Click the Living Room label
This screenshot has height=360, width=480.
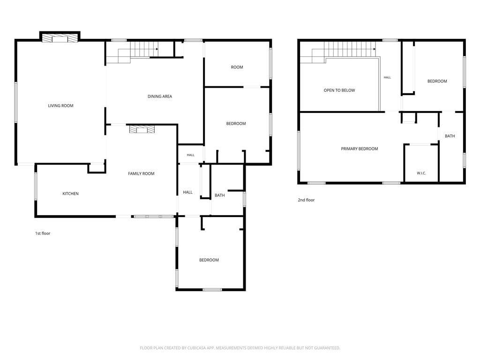[x=60, y=105]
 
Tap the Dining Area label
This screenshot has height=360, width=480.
[x=160, y=97]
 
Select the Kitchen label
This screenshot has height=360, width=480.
[x=70, y=194]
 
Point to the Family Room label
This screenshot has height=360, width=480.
[x=141, y=173]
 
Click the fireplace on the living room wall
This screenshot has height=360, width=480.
[x=60, y=38]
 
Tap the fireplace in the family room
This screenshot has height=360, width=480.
[x=142, y=129]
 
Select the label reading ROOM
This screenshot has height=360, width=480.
[x=237, y=67]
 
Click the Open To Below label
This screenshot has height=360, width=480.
[x=339, y=90]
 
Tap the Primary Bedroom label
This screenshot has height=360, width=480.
[x=360, y=149]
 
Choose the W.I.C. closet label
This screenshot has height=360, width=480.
[x=421, y=173]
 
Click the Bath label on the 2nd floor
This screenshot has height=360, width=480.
[x=450, y=136]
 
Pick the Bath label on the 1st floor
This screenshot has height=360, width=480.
[x=219, y=195]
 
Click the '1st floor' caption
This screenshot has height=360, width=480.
[x=43, y=233]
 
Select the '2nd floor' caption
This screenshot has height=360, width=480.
[x=306, y=200]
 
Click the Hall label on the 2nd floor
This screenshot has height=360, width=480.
[x=387, y=77]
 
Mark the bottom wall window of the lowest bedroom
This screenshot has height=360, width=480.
[x=212, y=289]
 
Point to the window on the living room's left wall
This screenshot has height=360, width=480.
[x=16, y=102]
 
